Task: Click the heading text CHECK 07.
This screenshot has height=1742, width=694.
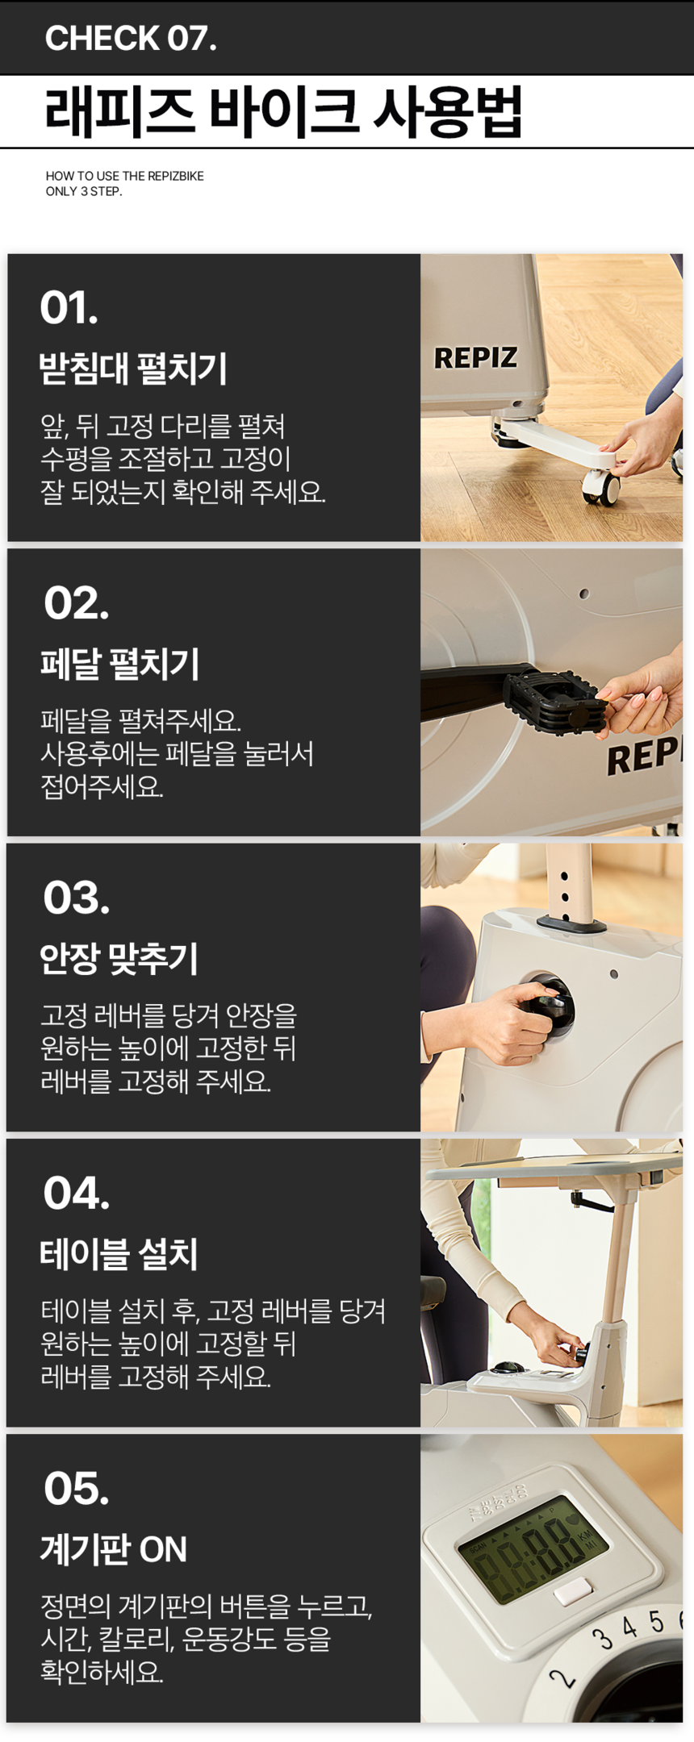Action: [131, 38]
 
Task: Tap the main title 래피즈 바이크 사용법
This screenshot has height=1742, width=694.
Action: [283, 111]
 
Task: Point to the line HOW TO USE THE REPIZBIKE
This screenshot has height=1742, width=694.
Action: [124, 176]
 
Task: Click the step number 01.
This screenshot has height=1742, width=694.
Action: [69, 308]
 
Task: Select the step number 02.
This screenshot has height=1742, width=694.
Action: [76, 603]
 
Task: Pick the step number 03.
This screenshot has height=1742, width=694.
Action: [76, 898]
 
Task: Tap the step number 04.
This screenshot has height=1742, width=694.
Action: [76, 1193]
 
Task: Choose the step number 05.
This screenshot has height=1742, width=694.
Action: [76, 1488]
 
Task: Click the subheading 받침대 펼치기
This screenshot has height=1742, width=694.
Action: [133, 369]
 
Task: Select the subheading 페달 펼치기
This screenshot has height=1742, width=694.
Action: [119, 664]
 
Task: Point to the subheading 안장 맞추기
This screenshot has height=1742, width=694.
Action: [119, 958]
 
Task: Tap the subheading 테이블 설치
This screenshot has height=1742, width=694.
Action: [119, 1253]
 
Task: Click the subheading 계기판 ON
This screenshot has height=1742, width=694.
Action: [114, 1548]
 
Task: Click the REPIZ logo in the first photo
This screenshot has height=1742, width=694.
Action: [475, 358]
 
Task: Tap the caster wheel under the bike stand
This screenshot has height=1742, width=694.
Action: [602, 487]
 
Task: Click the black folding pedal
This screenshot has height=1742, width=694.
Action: [555, 702]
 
